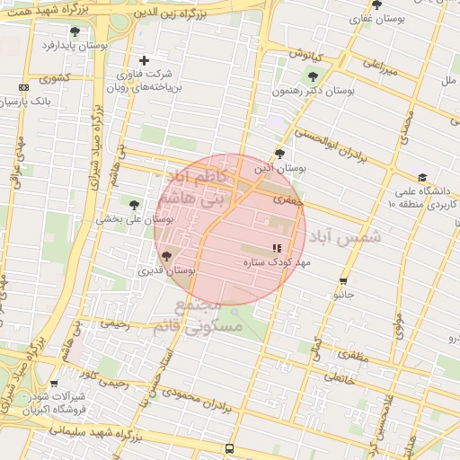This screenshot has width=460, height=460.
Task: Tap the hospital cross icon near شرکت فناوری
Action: (144, 60)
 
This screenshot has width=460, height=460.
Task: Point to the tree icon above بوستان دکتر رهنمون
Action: (313, 77)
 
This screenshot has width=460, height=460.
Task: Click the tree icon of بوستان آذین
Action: (279, 154)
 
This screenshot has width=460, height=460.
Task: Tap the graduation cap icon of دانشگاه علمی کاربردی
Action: (422, 177)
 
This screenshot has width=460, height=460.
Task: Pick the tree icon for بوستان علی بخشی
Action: (135, 205)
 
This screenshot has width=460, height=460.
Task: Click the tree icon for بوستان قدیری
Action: (165, 257)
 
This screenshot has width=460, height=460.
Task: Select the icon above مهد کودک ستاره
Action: (277, 248)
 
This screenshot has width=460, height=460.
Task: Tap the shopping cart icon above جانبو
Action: (343, 281)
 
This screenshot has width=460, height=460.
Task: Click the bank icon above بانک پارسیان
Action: (22, 87)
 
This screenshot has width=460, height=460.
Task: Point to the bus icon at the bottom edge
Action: (229, 448)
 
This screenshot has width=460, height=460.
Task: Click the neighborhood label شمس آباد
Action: (345, 237)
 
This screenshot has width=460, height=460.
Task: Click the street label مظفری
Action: (352, 357)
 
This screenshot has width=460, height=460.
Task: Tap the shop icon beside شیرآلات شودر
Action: (54, 384)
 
